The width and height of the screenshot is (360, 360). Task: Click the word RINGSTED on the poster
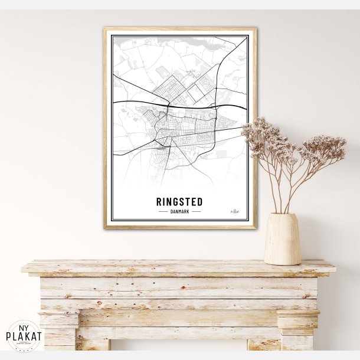pyautogui.click(x=179, y=201)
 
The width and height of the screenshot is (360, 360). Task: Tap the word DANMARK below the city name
pyautogui.click(x=179, y=211)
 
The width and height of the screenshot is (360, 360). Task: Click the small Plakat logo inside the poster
pyautogui.click(x=235, y=210)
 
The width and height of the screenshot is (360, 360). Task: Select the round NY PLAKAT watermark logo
pyautogui.click(x=24, y=336)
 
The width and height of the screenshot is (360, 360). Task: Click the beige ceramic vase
pyautogui.click(x=282, y=239)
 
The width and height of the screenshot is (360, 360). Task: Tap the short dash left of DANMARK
pyautogui.click(x=163, y=211)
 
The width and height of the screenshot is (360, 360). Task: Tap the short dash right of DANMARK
pyautogui.click(x=196, y=211)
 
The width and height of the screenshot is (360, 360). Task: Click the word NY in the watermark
pyautogui.click(x=24, y=328)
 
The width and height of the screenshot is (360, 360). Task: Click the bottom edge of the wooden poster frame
pyautogui.click(x=179, y=226)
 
